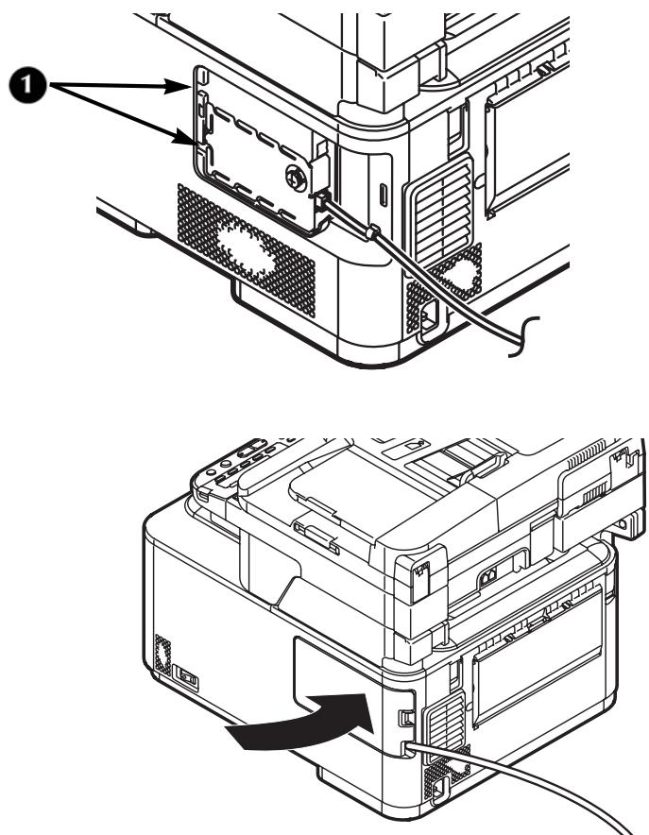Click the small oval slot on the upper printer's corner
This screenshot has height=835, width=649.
[x=382, y=195]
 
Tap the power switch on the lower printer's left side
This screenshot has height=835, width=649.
[x=185, y=675]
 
